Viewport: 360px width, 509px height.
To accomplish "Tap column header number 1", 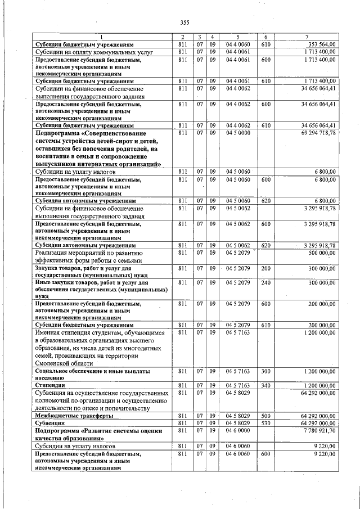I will pos(102,37).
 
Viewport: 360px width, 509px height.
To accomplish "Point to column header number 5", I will pos(237,37).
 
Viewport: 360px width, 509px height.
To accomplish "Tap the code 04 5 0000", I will pos(237,133).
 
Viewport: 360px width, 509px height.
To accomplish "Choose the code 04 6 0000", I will pos(237,430).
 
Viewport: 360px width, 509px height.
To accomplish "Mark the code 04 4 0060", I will pos(237,44).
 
